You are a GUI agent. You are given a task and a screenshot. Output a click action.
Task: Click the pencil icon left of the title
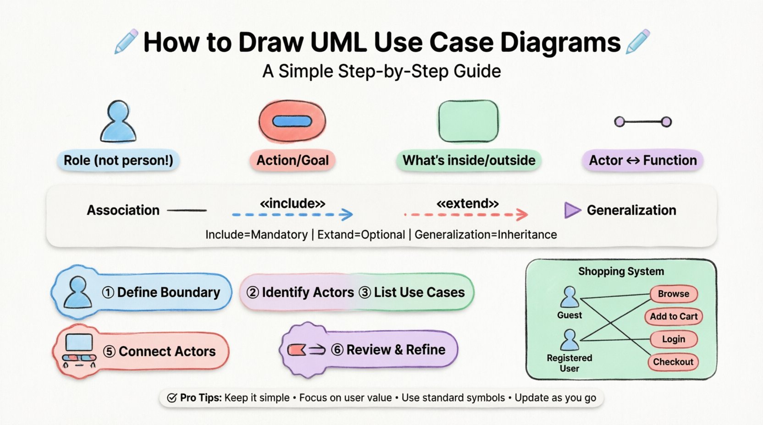tap(126, 42)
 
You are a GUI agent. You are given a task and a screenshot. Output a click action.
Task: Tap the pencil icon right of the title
tap(638, 42)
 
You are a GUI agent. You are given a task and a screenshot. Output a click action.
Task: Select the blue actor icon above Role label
tap(118, 121)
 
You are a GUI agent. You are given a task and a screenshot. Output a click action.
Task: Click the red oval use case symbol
tap(292, 121)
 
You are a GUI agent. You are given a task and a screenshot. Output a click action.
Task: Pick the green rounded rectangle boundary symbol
tap(468, 121)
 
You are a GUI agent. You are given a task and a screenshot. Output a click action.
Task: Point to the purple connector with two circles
tap(643, 122)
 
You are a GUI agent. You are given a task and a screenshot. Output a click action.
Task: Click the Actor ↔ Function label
tap(642, 160)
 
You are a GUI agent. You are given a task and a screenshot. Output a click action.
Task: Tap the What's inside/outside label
tap(469, 160)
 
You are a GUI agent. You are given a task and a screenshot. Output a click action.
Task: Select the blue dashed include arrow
tap(292, 214)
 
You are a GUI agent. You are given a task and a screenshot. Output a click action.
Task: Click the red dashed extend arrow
tap(466, 214)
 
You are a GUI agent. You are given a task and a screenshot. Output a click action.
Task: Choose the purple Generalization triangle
tap(572, 210)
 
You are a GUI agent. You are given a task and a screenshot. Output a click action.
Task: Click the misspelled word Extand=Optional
tap(361, 234)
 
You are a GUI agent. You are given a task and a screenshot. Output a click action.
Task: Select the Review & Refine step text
tap(396, 350)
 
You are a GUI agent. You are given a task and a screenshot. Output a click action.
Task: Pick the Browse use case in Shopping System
tap(673, 294)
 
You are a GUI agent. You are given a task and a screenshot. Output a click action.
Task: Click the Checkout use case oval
tap(673, 362)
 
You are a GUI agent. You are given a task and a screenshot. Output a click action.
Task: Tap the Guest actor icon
tap(569, 297)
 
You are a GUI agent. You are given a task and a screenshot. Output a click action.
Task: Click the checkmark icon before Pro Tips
tap(172, 398)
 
